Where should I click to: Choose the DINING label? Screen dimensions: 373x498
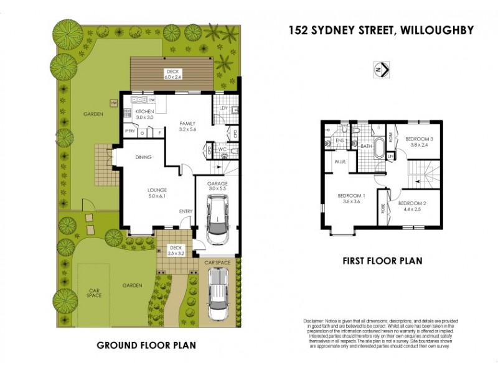(143, 157)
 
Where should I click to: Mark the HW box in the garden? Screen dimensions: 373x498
(114, 103)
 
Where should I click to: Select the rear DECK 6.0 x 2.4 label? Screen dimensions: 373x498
(172, 74)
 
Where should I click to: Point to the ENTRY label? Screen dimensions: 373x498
(186, 212)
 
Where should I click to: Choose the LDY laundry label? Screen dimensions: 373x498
(223, 108)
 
